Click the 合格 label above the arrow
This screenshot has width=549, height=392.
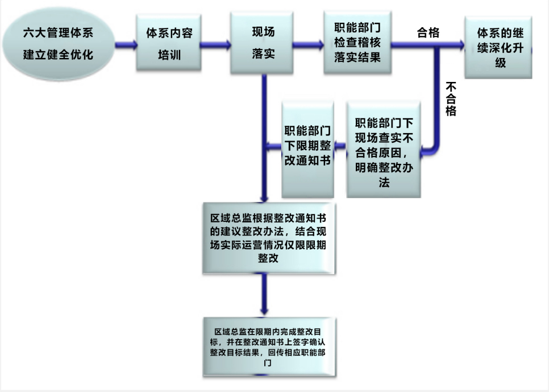428,32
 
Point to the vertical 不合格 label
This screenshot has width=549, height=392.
451,99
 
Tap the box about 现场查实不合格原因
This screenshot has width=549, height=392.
384,149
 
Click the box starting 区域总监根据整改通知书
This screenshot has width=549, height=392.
268,237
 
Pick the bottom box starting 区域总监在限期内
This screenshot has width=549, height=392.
267,345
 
